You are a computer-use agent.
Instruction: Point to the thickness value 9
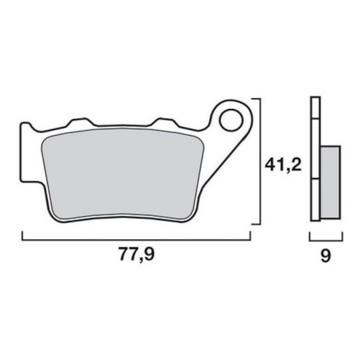(x=324, y=257)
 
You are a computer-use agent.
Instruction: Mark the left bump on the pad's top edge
(x=76, y=120)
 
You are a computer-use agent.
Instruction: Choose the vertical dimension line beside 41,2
(x=259, y=160)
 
